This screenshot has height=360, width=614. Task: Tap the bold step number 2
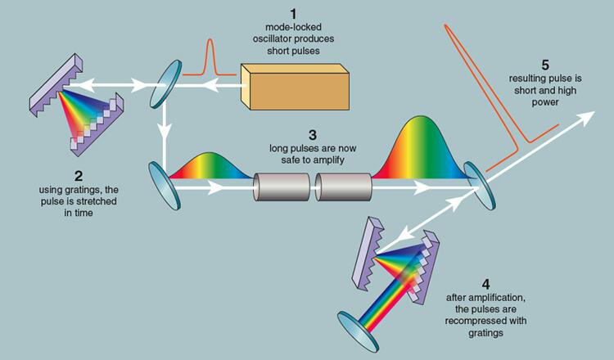[x=78, y=176]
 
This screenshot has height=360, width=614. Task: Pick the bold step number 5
[x=545, y=64]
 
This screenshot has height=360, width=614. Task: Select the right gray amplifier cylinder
[x=343, y=187]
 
